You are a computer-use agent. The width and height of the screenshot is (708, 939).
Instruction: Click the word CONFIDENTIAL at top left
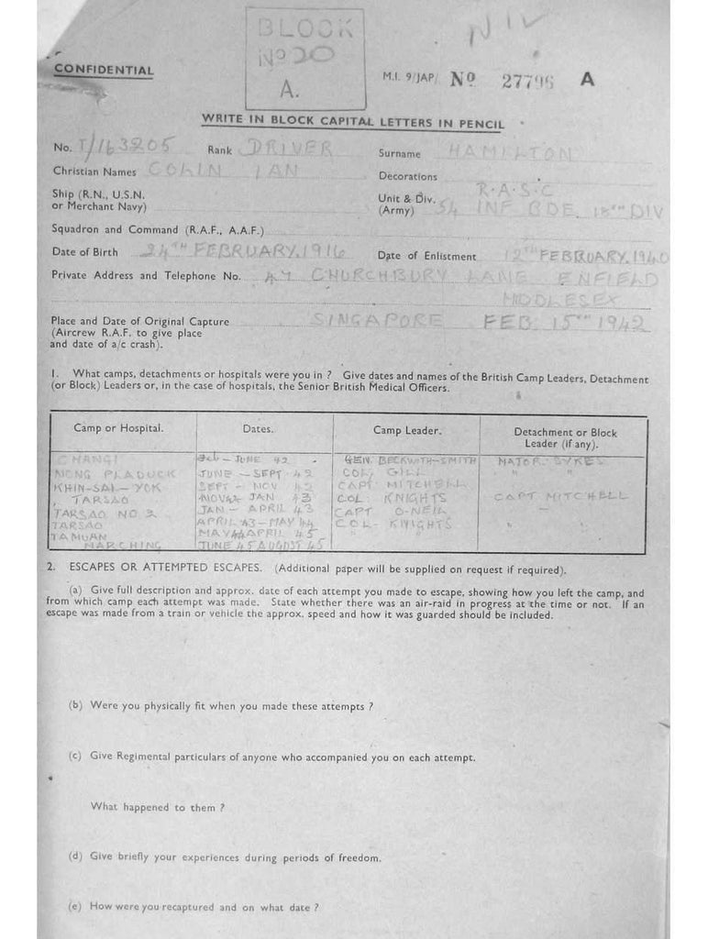104,70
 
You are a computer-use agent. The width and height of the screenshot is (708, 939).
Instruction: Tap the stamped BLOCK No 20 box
304,58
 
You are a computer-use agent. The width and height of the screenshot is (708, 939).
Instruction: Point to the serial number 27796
528,80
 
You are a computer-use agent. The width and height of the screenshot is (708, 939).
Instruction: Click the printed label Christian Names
94,171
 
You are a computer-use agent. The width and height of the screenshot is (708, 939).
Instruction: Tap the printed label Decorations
407,176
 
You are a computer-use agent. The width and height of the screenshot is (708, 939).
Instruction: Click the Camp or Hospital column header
118,428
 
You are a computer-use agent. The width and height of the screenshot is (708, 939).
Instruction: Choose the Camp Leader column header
406,429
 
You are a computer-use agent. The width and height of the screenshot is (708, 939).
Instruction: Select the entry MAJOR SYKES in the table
550,460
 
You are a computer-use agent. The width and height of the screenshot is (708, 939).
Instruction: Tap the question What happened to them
157,807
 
